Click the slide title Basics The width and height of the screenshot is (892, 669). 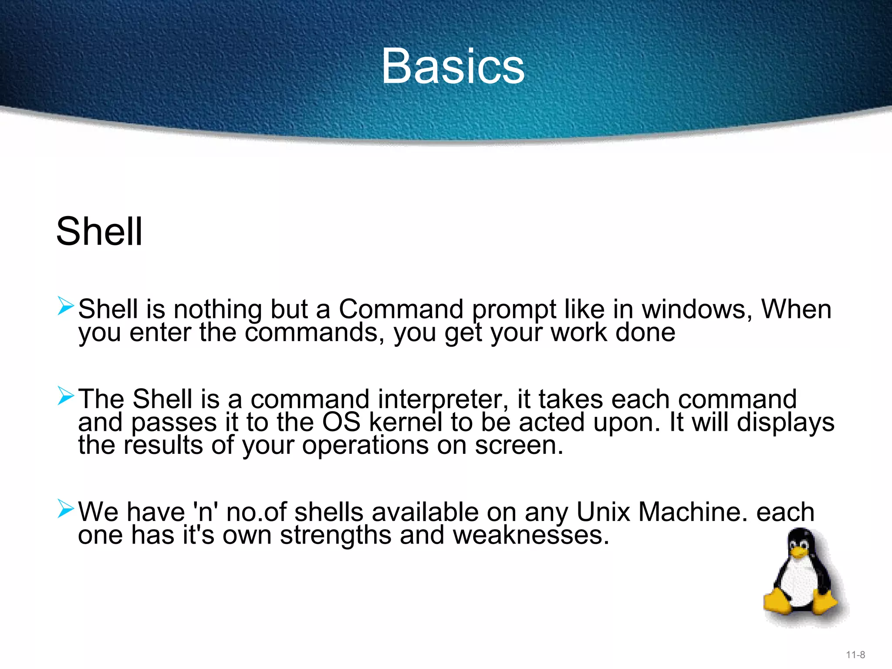453,66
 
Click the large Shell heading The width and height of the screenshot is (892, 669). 99,231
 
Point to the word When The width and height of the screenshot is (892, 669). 796,309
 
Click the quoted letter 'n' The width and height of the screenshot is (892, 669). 205,512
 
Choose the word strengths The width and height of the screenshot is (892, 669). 335,536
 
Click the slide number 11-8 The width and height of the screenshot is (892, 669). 855,655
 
